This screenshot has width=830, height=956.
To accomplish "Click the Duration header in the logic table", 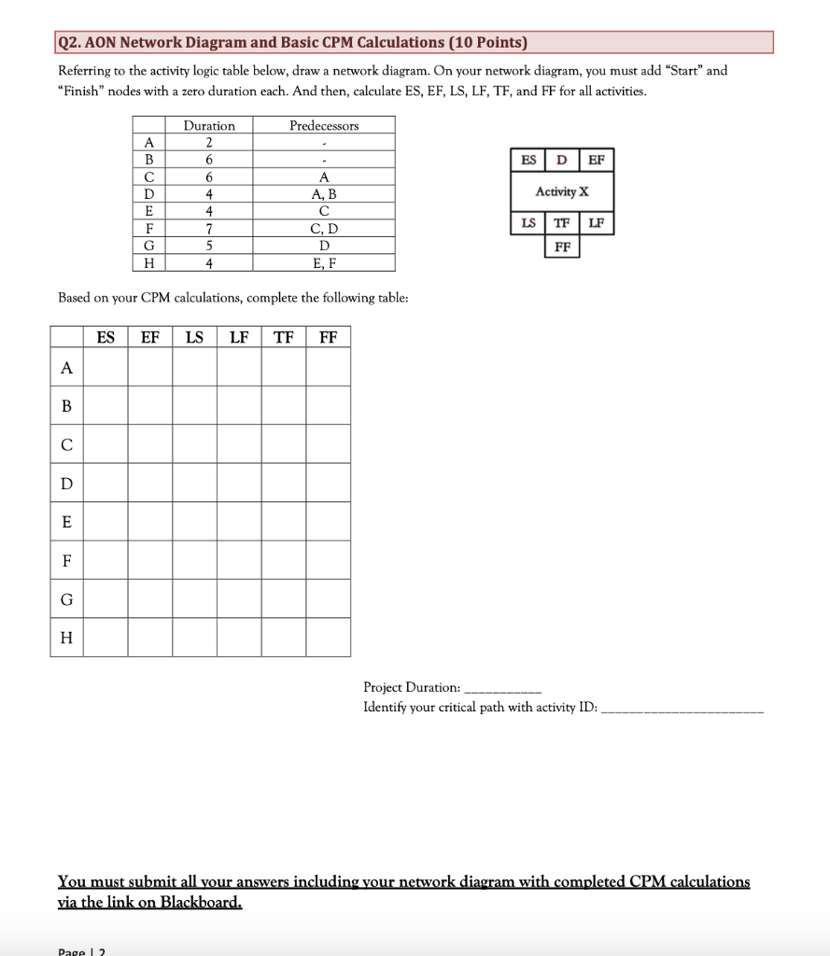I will click(209, 125).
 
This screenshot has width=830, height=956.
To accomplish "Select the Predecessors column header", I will click(324, 125).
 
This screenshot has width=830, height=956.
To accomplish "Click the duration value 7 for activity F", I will click(209, 229).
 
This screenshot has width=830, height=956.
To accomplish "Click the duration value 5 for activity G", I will click(209, 246).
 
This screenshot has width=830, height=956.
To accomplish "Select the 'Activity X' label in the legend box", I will click(562, 191).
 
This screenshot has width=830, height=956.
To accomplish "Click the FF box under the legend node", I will click(562, 246).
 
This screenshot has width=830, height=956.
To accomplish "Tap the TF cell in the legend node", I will click(562, 223).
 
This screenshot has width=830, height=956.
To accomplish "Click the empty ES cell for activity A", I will click(106, 367).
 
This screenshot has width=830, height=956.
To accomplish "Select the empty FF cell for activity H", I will click(329, 637).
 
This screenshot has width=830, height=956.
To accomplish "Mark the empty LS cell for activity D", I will click(194, 483).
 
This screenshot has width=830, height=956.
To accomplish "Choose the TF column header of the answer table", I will click(284, 336).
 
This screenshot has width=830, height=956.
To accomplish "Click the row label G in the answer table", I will click(66, 598).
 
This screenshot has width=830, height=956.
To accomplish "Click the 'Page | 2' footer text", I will click(82, 950).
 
